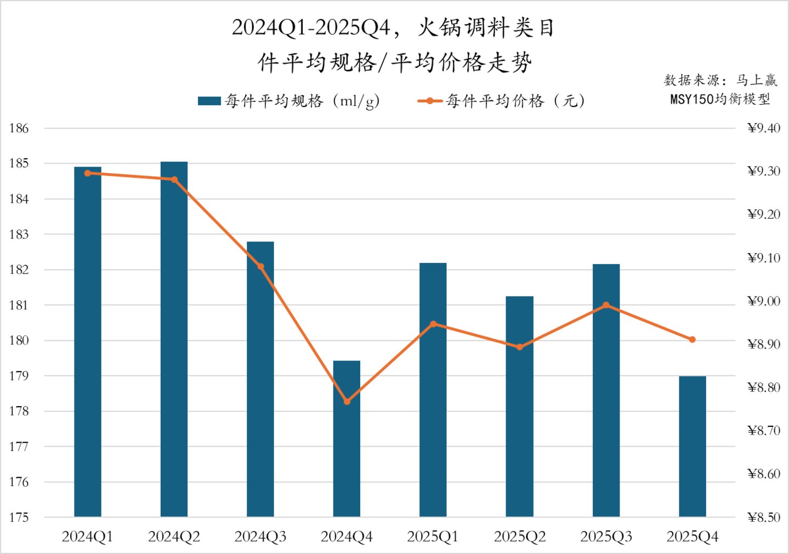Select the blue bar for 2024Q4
[347, 438]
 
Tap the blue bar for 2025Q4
[692, 446]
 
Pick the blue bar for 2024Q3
[260, 379]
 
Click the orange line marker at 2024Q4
[347, 402]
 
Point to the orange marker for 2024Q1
[88, 173]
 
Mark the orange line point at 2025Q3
[606, 305]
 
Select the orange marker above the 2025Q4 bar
[692, 340]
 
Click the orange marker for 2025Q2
[520, 347]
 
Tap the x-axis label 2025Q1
[433, 536]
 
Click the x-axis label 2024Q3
[260, 536]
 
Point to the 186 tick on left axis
[19, 128]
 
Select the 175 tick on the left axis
[19, 517]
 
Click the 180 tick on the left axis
[19, 340]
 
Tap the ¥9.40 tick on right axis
[763, 128]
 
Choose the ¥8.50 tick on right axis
[763, 517]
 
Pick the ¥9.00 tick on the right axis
[763, 301]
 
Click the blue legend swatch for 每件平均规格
[209, 101]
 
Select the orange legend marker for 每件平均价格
[430, 101]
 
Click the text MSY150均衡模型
[720, 99]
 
